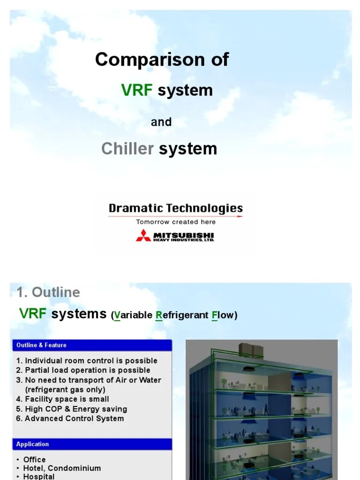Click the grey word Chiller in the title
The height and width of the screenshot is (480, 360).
point(127,149)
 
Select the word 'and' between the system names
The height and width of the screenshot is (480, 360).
point(161,122)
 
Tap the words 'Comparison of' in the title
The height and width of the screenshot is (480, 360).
point(162,60)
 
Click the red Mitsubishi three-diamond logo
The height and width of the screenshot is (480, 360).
point(143,235)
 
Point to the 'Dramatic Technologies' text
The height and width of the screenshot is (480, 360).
point(176,208)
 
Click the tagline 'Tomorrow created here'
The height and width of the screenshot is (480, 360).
point(176,222)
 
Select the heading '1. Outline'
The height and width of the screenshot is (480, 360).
point(48,292)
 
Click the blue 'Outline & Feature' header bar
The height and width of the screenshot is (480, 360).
point(91,345)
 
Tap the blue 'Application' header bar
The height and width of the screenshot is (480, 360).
point(91,444)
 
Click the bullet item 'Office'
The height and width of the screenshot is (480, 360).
point(34,459)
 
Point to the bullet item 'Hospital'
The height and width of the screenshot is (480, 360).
point(39,476)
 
